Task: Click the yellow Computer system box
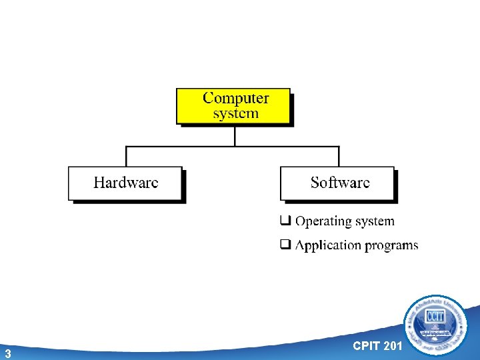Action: (233, 106)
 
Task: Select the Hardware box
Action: (125, 183)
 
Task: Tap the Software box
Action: (337, 183)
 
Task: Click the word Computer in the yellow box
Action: (235, 98)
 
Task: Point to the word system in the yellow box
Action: (235, 113)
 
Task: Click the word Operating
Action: (324, 221)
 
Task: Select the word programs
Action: (391, 246)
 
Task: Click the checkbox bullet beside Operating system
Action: (285, 221)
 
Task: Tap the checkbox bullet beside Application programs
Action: (285, 245)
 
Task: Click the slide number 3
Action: (7, 353)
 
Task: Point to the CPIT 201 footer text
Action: (377, 345)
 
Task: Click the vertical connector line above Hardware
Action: (126, 156)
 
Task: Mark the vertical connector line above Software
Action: (339, 156)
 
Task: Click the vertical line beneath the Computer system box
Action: (235, 135)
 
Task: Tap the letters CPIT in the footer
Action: (365, 345)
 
